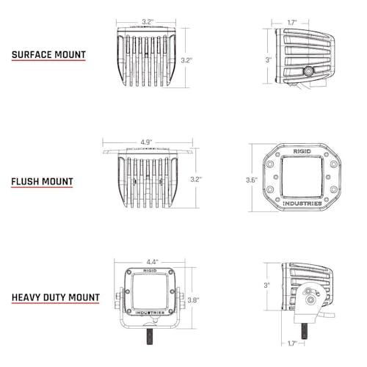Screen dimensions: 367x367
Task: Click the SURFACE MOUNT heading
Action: (48, 55)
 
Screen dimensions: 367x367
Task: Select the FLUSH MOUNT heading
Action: (42, 182)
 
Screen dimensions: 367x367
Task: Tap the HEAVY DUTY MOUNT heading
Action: (56, 297)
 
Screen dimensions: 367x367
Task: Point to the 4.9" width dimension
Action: (146, 142)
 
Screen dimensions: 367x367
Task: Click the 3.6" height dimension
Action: (252, 181)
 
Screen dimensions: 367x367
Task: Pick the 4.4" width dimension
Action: (152, 262)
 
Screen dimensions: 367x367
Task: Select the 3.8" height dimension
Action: (193, 300)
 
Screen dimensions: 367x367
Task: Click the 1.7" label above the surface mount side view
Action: (292, 23)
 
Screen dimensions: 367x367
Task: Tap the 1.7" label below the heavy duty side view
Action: (292, 344)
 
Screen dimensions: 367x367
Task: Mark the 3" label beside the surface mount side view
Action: (269, 59)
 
